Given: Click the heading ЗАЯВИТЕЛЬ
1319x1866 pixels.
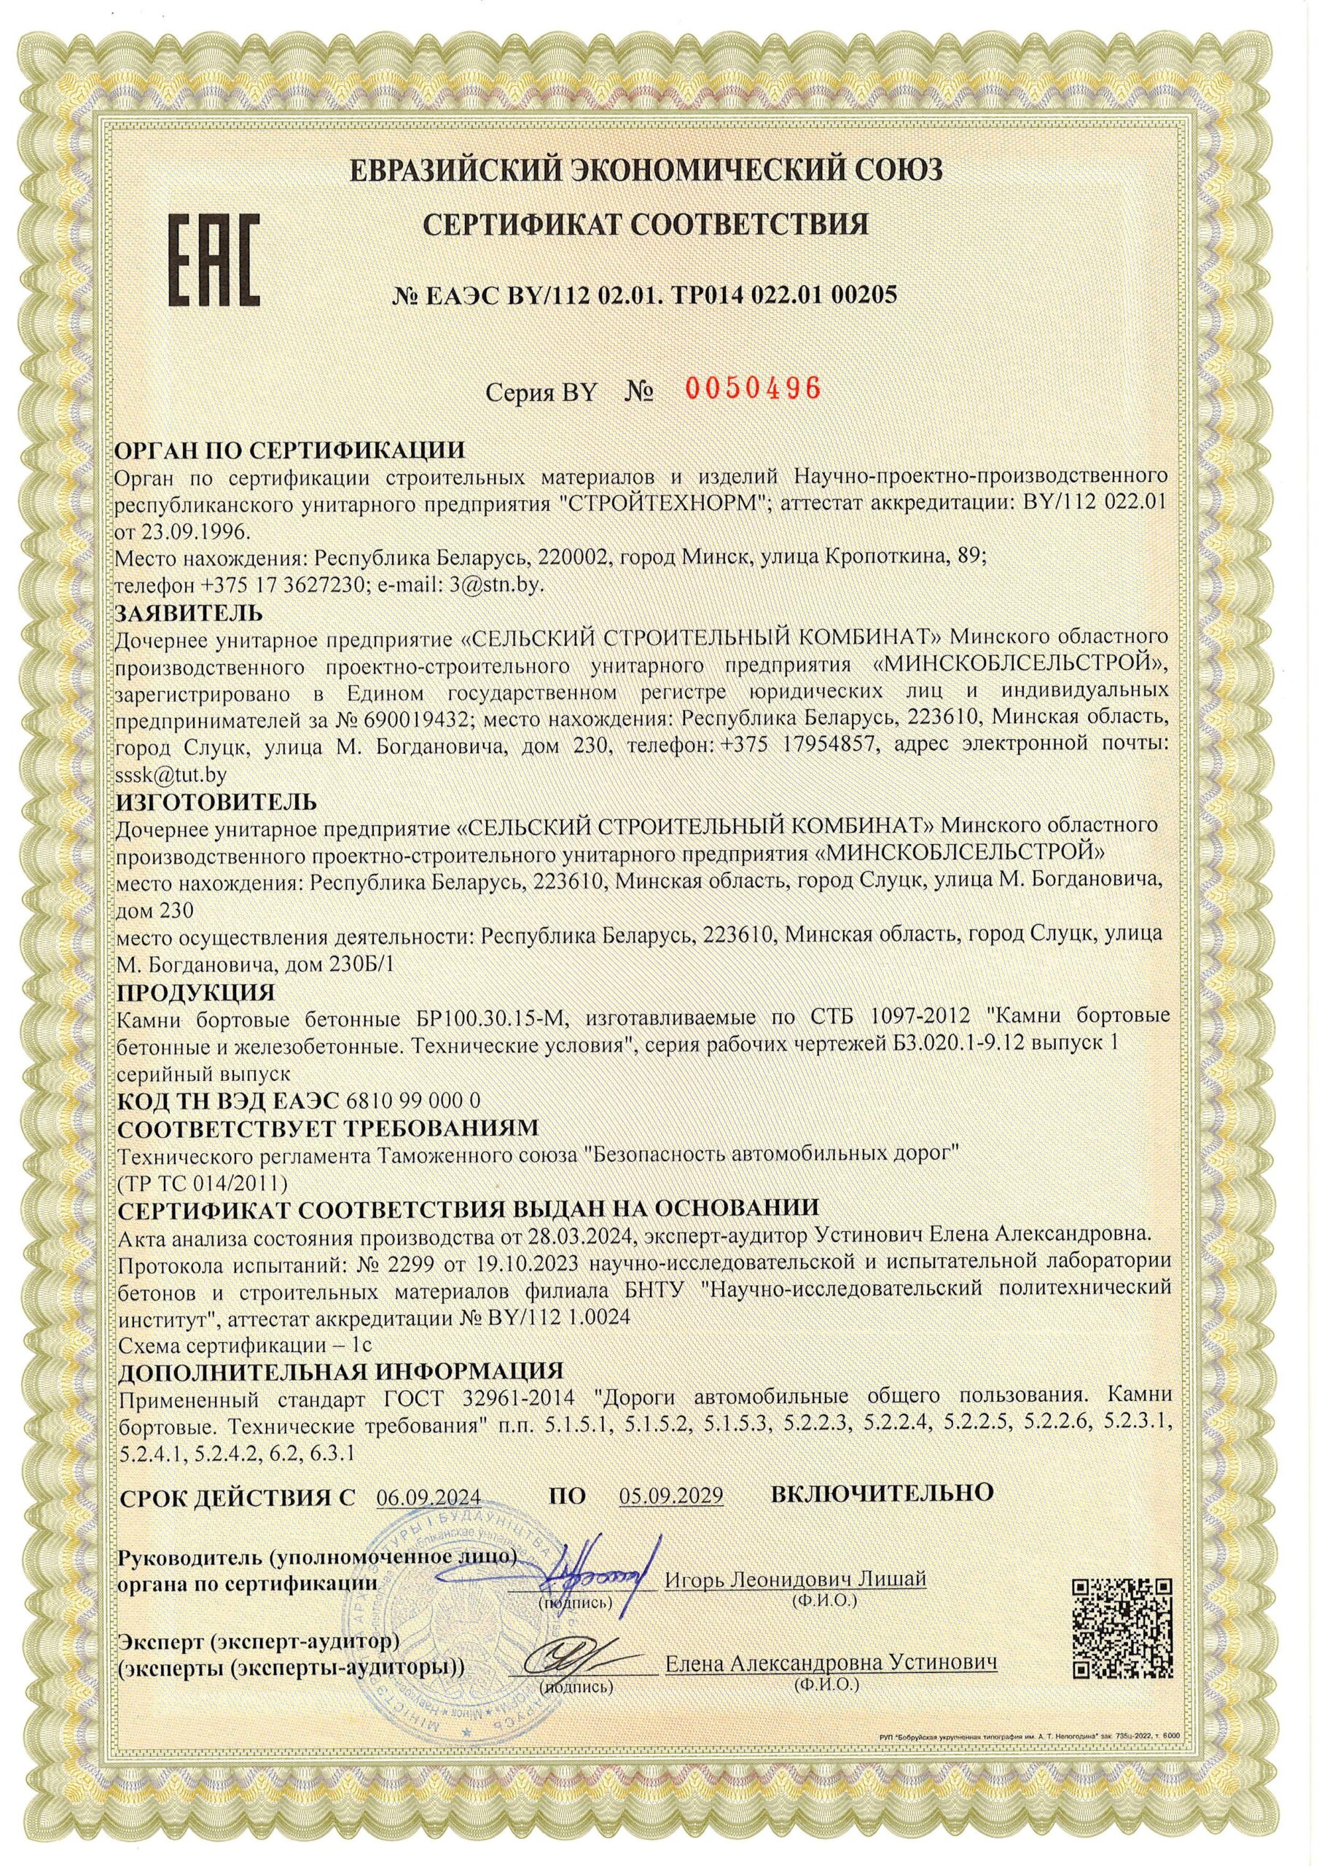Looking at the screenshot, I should pyautogui.click(x=190, y=610).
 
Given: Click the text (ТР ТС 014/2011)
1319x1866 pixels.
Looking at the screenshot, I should pyautogui.click(x=203, y=1179).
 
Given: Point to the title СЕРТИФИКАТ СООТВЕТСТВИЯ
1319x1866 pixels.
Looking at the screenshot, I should pyautogui.click(x=649, y=225).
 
